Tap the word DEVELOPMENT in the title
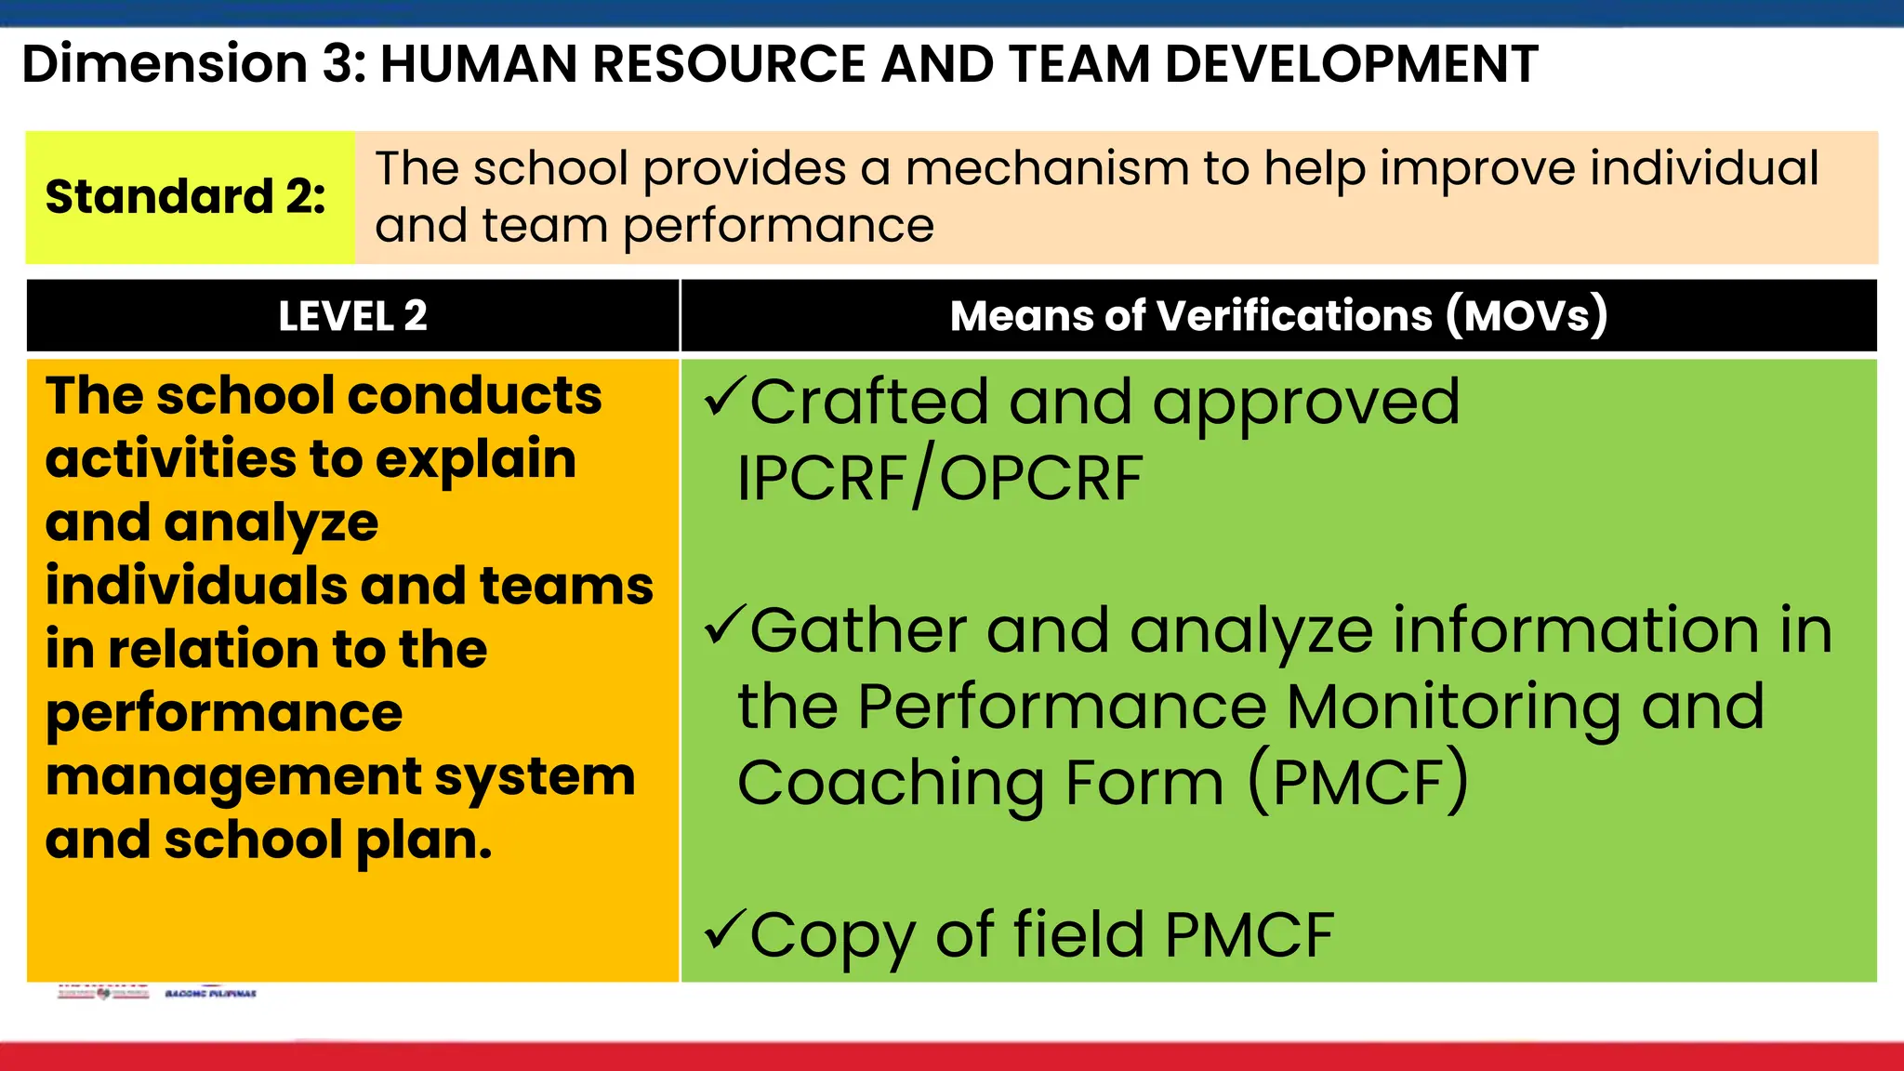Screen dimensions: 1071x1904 point(1351,64)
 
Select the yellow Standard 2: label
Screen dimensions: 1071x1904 point(186,197)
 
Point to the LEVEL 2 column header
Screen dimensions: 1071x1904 point(352,316)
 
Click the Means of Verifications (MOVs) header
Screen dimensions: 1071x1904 point(1278,315)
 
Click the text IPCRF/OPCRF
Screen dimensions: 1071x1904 point(939,479)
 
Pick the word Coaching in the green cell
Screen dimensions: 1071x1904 point(888,783)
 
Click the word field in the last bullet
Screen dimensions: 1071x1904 point(1078,934)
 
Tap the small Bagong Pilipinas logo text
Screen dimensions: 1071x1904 point(211,994)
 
